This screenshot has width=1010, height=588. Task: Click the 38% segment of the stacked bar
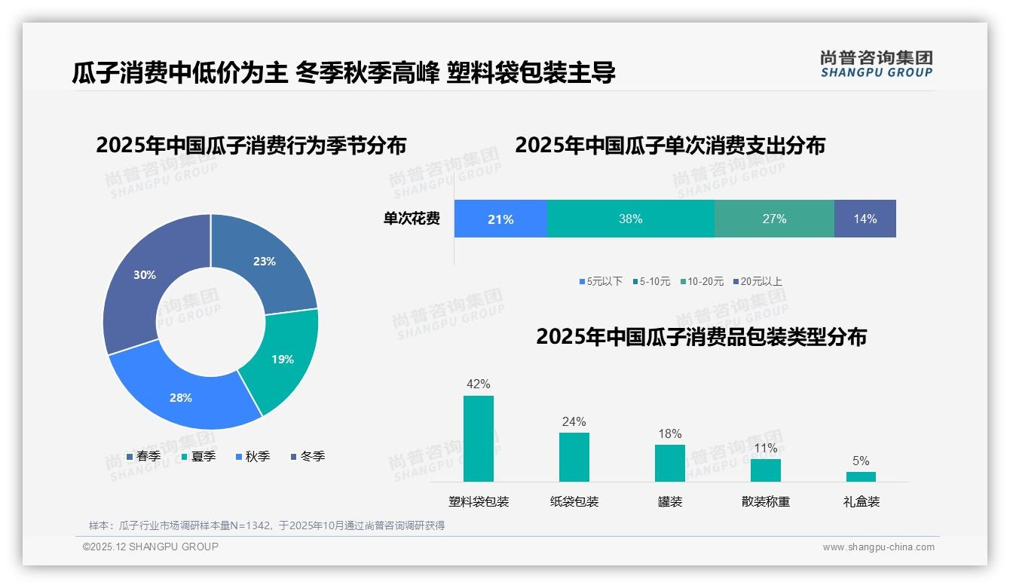pyautogui.click(x=630, y=219)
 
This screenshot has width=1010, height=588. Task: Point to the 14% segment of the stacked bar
pyautogui.click(x=865, y=219)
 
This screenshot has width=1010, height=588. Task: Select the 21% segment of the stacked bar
pyautogui.click(x=500, y=219)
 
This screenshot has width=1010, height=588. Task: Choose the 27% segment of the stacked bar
pyautogui.click(x=774, y=219)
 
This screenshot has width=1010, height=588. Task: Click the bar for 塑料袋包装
pyautogui.click(x=479, y=439)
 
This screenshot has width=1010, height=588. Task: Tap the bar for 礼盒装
pyautogui.click(x=861, y=476)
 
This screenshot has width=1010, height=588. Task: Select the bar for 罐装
pyautogui.click(x=669, y=463)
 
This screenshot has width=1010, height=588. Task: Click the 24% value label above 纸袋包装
pyautogui.click(x=574, y=421)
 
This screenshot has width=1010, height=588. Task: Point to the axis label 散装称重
pyautogui.click(x=765, y=501)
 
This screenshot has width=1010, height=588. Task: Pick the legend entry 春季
pyautogui.click(x=143, y=456)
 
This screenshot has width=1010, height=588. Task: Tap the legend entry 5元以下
pyautogui.click(x=601, y=281)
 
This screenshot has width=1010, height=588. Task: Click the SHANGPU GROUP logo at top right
pyautogui.click(x=876, y=64)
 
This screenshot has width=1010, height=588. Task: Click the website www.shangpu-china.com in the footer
pyautogui.click(x=878, y=547)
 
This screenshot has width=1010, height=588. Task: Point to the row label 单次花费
pyautogui.click(x=412, y=219)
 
